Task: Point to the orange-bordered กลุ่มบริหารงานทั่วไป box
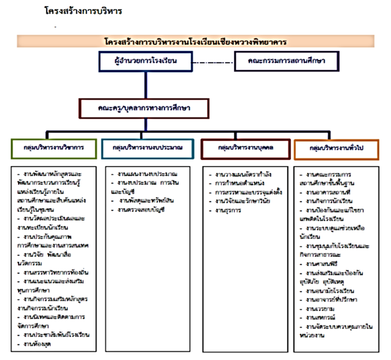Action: coord(336,149)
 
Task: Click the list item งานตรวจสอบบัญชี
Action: coord(139,209)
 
